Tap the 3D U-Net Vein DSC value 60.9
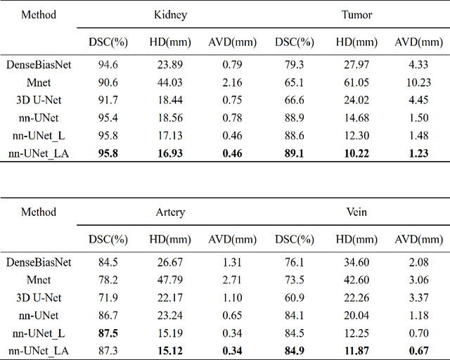coord(296,296)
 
